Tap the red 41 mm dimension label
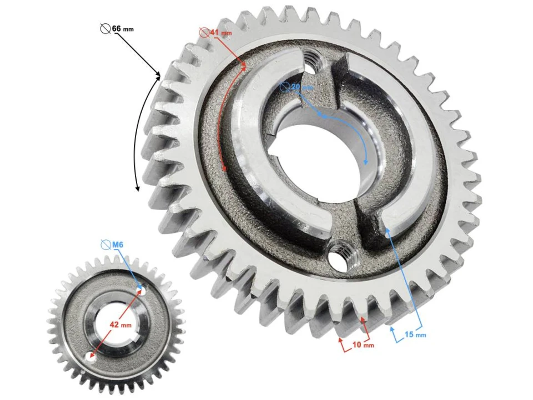(220, 33)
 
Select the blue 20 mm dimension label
(302, 87)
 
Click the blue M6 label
(117, 244)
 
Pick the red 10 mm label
(363, 345)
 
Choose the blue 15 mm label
(415, 335)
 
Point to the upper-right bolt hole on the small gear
(142, 291)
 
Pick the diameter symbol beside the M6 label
(105, 244)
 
